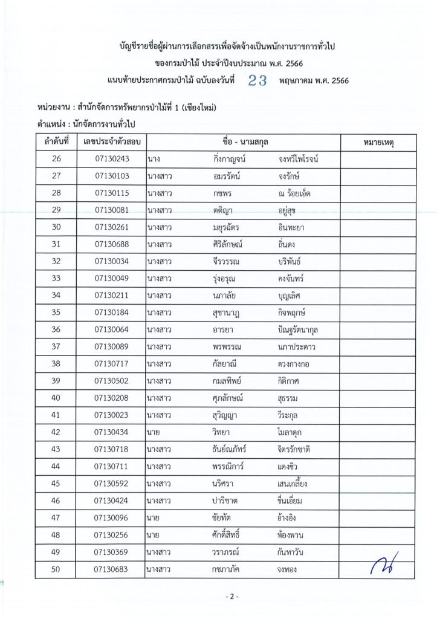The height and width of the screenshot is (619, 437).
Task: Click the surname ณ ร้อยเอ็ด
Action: point(293,193)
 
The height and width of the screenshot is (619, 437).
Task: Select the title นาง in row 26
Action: point(153,159)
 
